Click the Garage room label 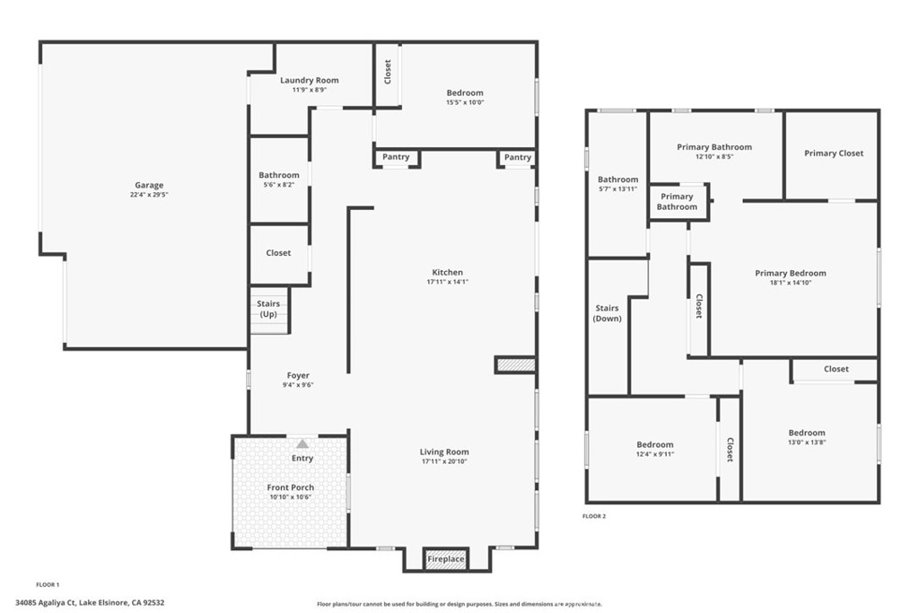coord(149,185)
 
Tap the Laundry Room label coord(310,80)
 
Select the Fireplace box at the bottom coord(445,559)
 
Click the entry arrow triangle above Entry coord(302,443)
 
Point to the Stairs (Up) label coord(268,309)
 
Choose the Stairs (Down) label coord(608,313)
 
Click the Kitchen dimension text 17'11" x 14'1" coord(447,282)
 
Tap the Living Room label coord(444,451)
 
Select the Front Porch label coord(291,487)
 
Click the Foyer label coord(298,376)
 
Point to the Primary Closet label coord(834,153)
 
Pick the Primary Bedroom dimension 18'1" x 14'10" coord(791,283)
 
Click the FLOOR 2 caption coord(594,516)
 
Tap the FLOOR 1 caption coord(48,585)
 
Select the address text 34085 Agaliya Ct coord(46,602)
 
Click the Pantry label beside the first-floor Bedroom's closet coord(396,157)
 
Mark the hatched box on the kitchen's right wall coord(516,365)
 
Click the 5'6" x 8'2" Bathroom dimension coord(279,185)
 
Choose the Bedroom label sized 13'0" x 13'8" coord(807,433)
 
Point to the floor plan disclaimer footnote coord(459,604)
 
